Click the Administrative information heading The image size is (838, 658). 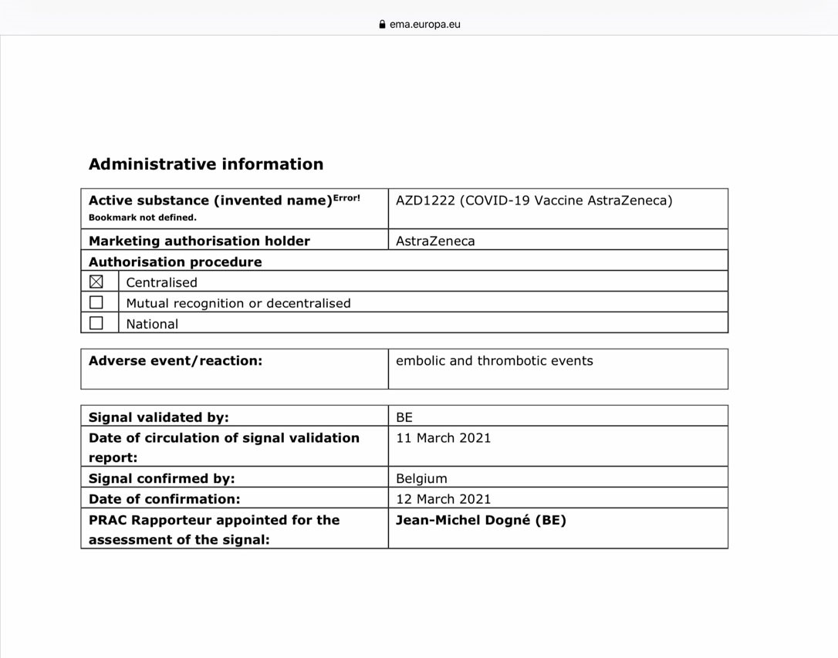[206, 164]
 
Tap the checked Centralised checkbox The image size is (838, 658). [96, 282]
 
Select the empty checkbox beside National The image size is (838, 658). [96, 324]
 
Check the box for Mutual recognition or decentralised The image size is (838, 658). [96, 303]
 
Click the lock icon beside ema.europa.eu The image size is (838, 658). [382, 24]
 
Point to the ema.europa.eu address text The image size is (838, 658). [425, 24]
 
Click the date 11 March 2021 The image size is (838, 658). [443, 438]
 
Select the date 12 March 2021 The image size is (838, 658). [443, 499]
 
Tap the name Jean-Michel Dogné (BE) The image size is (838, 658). [481, 520]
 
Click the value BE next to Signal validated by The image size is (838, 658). [404, 417]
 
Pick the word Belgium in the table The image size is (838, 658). [421, 478]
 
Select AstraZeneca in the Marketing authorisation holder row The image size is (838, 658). [435, 241]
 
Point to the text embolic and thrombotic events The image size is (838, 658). [494, 360]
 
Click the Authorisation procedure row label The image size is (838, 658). [175, 262]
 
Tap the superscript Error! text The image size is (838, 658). [346, 197]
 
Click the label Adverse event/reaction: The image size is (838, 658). [175, 360]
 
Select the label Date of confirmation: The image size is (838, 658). [164, 499]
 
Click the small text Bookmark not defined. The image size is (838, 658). [143, 218]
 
